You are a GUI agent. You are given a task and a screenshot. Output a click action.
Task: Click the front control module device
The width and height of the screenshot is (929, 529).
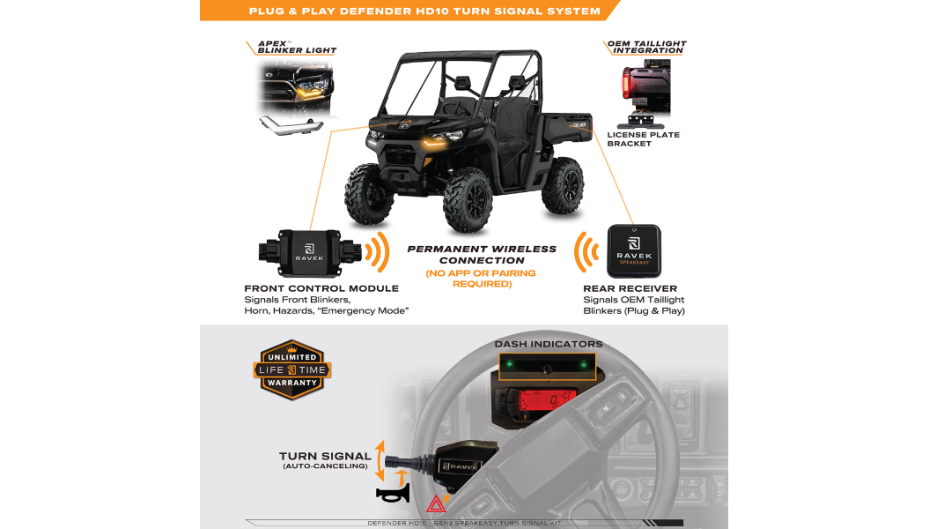click(x=310, y=253)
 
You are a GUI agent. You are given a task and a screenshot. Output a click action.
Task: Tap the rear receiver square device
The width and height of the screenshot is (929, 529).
click(x=634, y=251)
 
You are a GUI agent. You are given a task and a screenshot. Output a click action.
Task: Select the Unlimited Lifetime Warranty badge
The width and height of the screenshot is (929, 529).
click(x=292, y=369)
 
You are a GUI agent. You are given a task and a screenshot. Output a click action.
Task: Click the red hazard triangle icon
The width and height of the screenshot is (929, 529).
click(x=436, y=504)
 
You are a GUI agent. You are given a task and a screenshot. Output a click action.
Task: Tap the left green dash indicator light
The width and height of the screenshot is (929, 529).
click(x=510, y=364)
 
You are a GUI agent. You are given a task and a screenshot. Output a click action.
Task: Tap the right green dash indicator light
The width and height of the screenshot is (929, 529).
click(x=584, y=365)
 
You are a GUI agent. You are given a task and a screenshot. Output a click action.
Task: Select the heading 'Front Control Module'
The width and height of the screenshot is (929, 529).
click(x=321, y=288)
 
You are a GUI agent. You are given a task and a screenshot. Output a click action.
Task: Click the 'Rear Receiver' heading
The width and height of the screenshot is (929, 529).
click(x=630, y=288)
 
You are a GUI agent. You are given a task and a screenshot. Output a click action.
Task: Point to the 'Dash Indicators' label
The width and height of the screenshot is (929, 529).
click(x=549, y=344)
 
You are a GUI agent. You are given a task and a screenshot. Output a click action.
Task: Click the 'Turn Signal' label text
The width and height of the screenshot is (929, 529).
click(x=325, y=456)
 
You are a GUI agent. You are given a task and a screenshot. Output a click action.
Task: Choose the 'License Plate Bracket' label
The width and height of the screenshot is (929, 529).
click(x=643, y=138)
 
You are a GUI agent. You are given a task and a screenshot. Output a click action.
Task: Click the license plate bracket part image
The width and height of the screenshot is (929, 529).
click(x=640, y=122)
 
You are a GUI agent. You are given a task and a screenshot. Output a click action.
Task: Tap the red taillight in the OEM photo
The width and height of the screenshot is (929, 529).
click(x=626, y=83)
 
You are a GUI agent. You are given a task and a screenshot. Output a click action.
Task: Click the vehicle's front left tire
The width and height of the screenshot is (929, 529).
click(x=468, y=200)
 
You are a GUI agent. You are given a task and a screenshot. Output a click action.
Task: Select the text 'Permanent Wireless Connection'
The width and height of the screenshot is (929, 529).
click(x=482, y=255)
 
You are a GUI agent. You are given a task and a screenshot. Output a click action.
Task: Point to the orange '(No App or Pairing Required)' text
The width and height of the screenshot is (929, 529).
click(x=481, y=278)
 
